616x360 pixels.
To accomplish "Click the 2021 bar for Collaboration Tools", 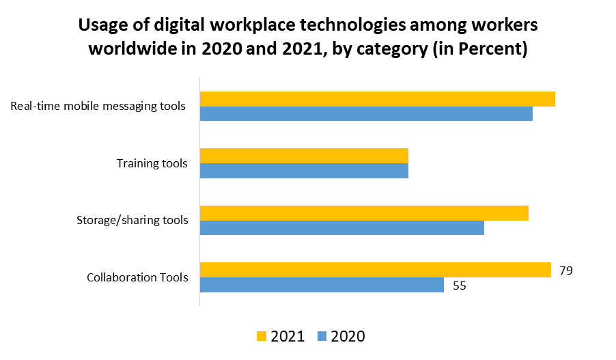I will point(375,270).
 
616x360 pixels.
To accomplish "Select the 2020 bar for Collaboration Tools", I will point(322,285).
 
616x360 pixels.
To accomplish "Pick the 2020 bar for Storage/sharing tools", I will point(341,227).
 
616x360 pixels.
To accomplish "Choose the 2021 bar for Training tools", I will point(304,156).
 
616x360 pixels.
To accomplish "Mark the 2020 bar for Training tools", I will point(304,170).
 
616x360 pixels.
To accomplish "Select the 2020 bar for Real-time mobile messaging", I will point(366,113).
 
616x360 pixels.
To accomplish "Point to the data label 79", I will point(565,271).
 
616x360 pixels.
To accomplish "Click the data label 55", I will point(459,286).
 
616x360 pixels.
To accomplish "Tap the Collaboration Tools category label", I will point(137,277).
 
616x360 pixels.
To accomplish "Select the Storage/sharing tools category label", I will point(132,220).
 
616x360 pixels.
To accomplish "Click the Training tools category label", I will point(152,163).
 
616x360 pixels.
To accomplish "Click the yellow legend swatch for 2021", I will point(262,336).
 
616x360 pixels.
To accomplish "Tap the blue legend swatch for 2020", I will point(322,336).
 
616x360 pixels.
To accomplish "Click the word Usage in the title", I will point(103,26).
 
